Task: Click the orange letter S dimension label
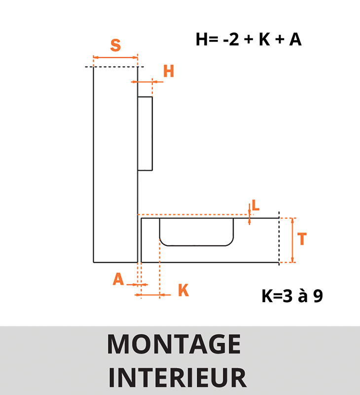115,45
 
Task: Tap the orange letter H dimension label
169,72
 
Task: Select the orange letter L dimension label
255,205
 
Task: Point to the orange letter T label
302,239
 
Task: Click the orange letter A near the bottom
118,279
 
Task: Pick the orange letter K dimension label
183,290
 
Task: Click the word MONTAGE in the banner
174,345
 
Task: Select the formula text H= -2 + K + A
249,39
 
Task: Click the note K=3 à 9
292,296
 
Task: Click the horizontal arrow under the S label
115,58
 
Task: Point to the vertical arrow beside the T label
293,240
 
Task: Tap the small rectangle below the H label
145,133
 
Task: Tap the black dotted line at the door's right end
279,239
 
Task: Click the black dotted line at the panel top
114,67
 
